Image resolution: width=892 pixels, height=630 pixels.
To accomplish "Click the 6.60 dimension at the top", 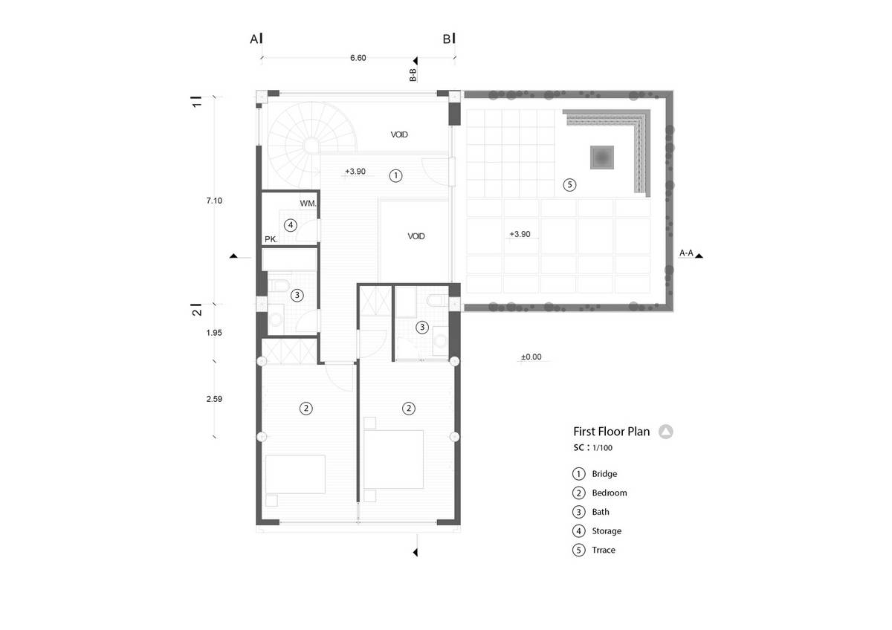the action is coord(358,58).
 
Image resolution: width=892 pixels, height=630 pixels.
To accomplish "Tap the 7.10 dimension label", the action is coord(214,201).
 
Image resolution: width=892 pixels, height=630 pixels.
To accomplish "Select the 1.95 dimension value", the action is coord(214,333).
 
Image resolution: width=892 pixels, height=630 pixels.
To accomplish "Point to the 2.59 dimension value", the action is coord(214,399).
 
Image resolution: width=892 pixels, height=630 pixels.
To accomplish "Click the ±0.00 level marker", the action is coord(531,357).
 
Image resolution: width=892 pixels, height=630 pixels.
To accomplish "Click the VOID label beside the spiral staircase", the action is coord(399,134).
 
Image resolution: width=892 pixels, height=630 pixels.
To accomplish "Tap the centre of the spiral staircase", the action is coord(311,146).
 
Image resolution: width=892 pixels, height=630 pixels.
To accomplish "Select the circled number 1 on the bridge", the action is coord(395,175).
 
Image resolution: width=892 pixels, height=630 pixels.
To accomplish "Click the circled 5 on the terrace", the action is coord(569,185).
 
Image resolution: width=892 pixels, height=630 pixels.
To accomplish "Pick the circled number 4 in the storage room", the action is coord(291,225).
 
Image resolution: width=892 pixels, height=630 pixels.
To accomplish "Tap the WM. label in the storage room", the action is coord(308,204).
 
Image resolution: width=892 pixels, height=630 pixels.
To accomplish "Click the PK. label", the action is coord(271,239).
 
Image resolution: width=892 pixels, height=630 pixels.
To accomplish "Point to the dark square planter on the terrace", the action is coord(601,157).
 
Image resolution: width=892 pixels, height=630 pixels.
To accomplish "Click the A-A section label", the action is coord(686,253).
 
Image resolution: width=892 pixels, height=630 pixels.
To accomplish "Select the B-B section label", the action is coord(413,75).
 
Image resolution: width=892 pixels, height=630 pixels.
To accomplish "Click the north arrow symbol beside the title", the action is coord(665,432).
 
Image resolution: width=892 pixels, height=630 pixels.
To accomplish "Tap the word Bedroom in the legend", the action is coord(610,493).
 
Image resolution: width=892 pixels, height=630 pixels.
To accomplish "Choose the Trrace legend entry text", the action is coord(604,550).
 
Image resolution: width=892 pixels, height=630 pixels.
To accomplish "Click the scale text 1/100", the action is coord(602,448).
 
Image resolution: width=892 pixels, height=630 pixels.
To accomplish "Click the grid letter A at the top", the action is coord(254,39).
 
